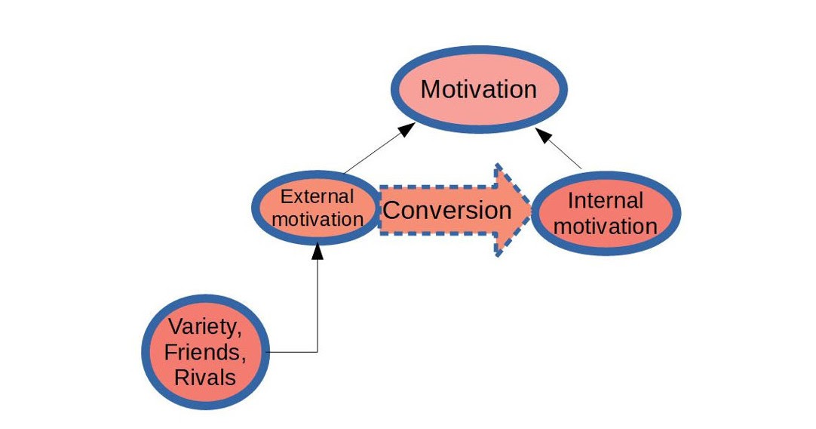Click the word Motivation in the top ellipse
478,89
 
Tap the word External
317,197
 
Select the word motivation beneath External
318,220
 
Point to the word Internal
605,201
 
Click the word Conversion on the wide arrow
446,210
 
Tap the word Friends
205,353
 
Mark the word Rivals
205,377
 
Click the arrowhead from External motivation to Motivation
405,130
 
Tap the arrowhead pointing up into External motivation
318,250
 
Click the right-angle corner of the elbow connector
318,352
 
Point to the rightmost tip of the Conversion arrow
531,209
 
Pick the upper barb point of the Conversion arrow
495,164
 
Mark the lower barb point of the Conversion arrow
495,255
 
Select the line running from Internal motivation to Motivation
566,153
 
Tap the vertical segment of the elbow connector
318,302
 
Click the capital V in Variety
173,328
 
